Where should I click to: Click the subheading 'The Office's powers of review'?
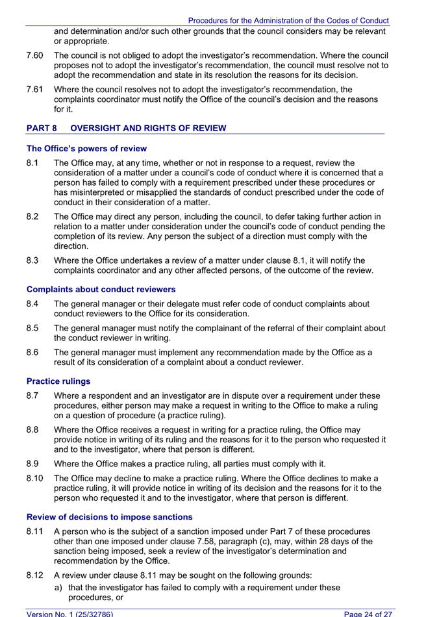pyautogui.click(x=86, y=149)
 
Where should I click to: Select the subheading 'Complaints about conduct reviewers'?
pyautogui.click(x=101, y=289)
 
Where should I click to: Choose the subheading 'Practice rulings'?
pyautogui.click(x=58, y=381)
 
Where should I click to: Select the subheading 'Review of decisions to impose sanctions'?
pyautogui.click(x=109, y=517)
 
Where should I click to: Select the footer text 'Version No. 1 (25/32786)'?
pyautogui.click(x=70, y=613)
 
